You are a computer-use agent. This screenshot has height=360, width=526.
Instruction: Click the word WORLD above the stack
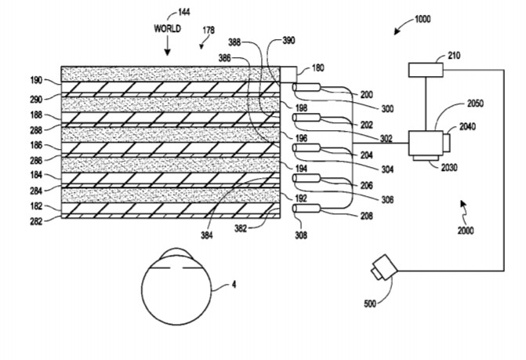167,28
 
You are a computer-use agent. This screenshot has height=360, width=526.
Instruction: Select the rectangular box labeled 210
426,71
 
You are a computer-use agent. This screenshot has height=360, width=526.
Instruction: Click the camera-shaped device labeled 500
384,267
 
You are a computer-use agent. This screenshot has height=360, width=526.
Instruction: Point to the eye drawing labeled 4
179,285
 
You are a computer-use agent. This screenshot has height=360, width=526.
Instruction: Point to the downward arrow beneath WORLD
167,48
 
